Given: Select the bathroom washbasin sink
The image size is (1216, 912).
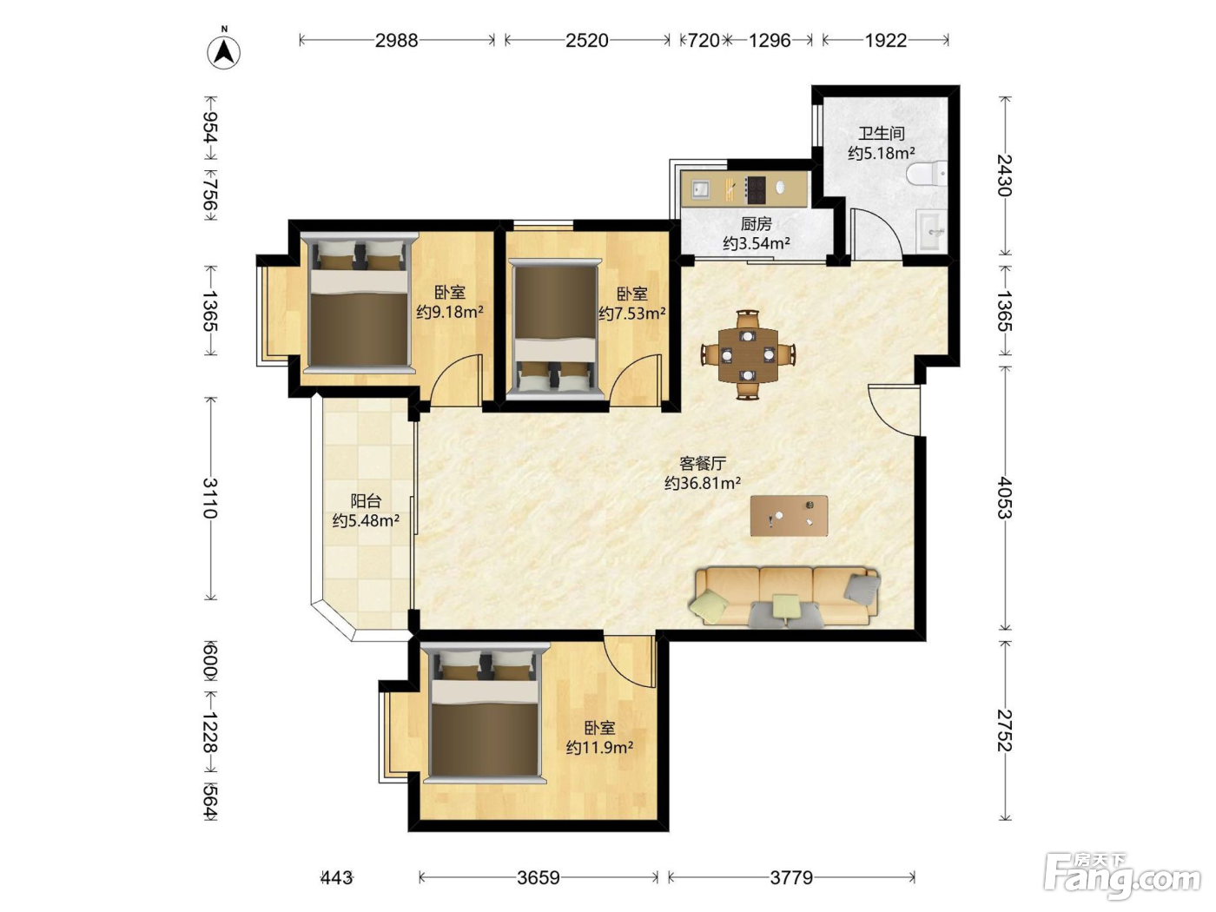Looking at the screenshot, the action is pos(932,230).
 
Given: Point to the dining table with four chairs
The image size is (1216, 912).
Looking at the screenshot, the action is pos(748,354).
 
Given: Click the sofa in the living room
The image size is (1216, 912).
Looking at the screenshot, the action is pos(784,598).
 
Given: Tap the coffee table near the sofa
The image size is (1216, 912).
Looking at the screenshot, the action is pos(789,516).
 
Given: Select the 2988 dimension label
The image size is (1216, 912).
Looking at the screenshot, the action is pos(397,41).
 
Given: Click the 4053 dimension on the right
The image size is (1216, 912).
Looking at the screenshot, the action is pos(1004,499).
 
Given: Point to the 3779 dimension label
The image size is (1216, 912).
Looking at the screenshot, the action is pos(791,877).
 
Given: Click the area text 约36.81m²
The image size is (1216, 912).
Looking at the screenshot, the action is pos(703,484).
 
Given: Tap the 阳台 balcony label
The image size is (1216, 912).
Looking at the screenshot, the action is pos(367,501).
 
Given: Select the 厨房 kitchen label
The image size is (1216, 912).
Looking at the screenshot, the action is pos(757,224).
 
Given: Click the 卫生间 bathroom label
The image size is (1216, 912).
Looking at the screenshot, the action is pos(882,134).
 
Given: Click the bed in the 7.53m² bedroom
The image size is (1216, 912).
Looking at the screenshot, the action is pos(556,329).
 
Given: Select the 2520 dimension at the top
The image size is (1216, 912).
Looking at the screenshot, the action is pos(586,41).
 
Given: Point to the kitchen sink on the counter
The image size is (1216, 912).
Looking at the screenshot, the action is pos(701,189).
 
